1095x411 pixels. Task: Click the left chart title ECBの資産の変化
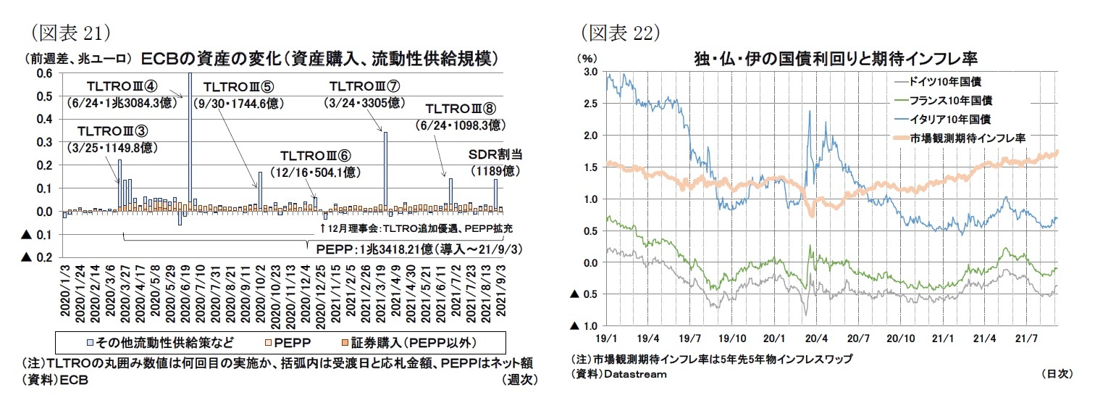(320, 58)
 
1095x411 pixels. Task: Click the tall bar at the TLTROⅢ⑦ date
(385, 171)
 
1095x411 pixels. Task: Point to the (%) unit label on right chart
(586, 58)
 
